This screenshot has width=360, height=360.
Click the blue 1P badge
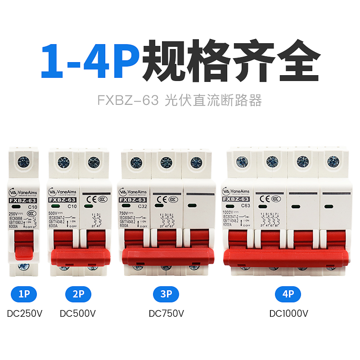[23, 295]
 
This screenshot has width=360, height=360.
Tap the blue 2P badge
[78, 295]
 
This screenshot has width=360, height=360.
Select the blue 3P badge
[166, 295]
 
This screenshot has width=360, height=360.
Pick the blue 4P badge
[288, 295]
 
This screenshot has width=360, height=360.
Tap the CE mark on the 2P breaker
[90, 197]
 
